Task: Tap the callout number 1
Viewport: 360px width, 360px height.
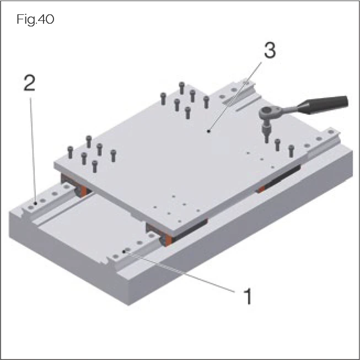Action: (x=248, y=296)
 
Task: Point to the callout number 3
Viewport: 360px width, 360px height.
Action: (x=269, y=51)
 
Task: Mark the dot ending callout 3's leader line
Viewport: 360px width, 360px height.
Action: (x=208, y=131)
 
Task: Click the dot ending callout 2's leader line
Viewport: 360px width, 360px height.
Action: (x=35, y=203)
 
